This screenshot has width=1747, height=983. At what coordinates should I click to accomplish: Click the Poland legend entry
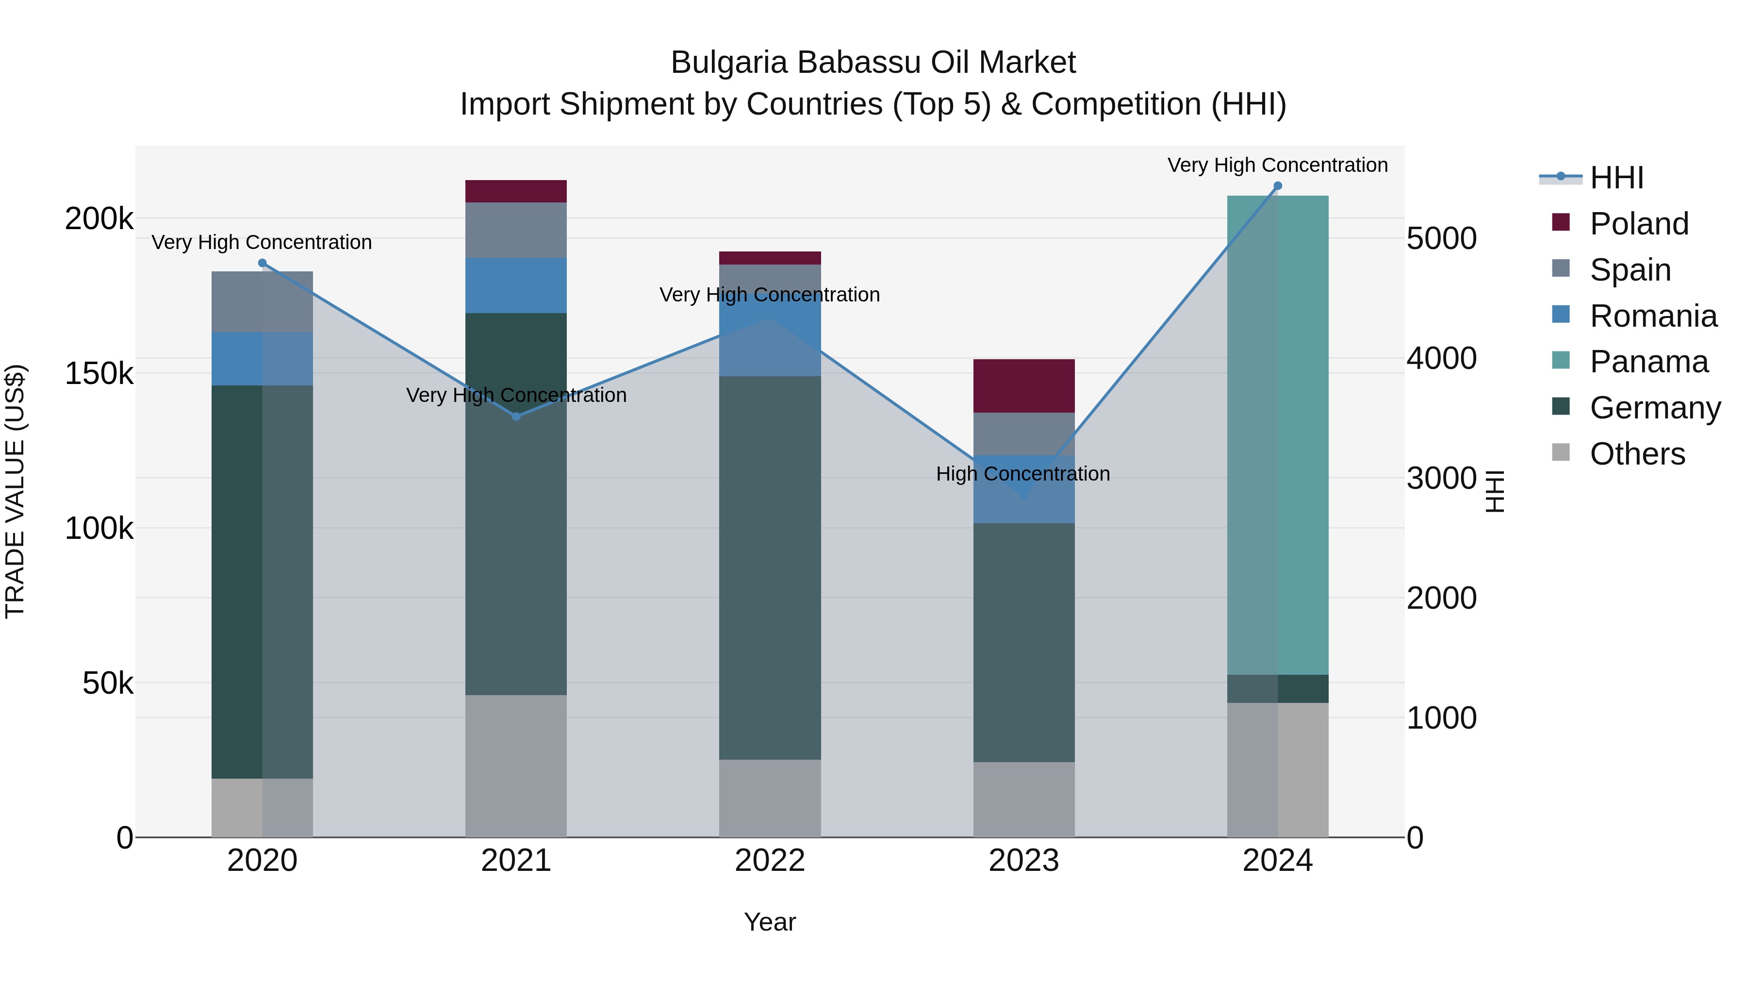coord(1638,224)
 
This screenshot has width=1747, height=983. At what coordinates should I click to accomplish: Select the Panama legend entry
coord(1648,362)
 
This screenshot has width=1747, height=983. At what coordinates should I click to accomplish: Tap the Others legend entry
coord(1636,454)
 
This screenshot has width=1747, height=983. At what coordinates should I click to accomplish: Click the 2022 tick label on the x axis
coord(770,861)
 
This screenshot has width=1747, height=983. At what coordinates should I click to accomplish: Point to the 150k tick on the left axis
coord(99,373)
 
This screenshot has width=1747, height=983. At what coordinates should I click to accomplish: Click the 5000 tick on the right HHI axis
coord(1441,239)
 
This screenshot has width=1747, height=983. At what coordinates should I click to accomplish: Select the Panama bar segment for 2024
coord(1278,434)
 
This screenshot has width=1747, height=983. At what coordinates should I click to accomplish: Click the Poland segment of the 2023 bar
coord(1024,385)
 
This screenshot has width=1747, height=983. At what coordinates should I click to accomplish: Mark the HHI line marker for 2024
coord(1278,186)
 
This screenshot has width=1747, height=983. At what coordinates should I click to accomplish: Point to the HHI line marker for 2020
coord(263,263)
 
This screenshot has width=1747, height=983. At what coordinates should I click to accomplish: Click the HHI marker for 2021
coord(516,417)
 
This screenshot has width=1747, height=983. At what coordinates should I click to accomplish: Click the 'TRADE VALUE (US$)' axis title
coord(15,491)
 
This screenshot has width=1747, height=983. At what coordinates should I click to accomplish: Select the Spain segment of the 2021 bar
coord(516,230)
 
